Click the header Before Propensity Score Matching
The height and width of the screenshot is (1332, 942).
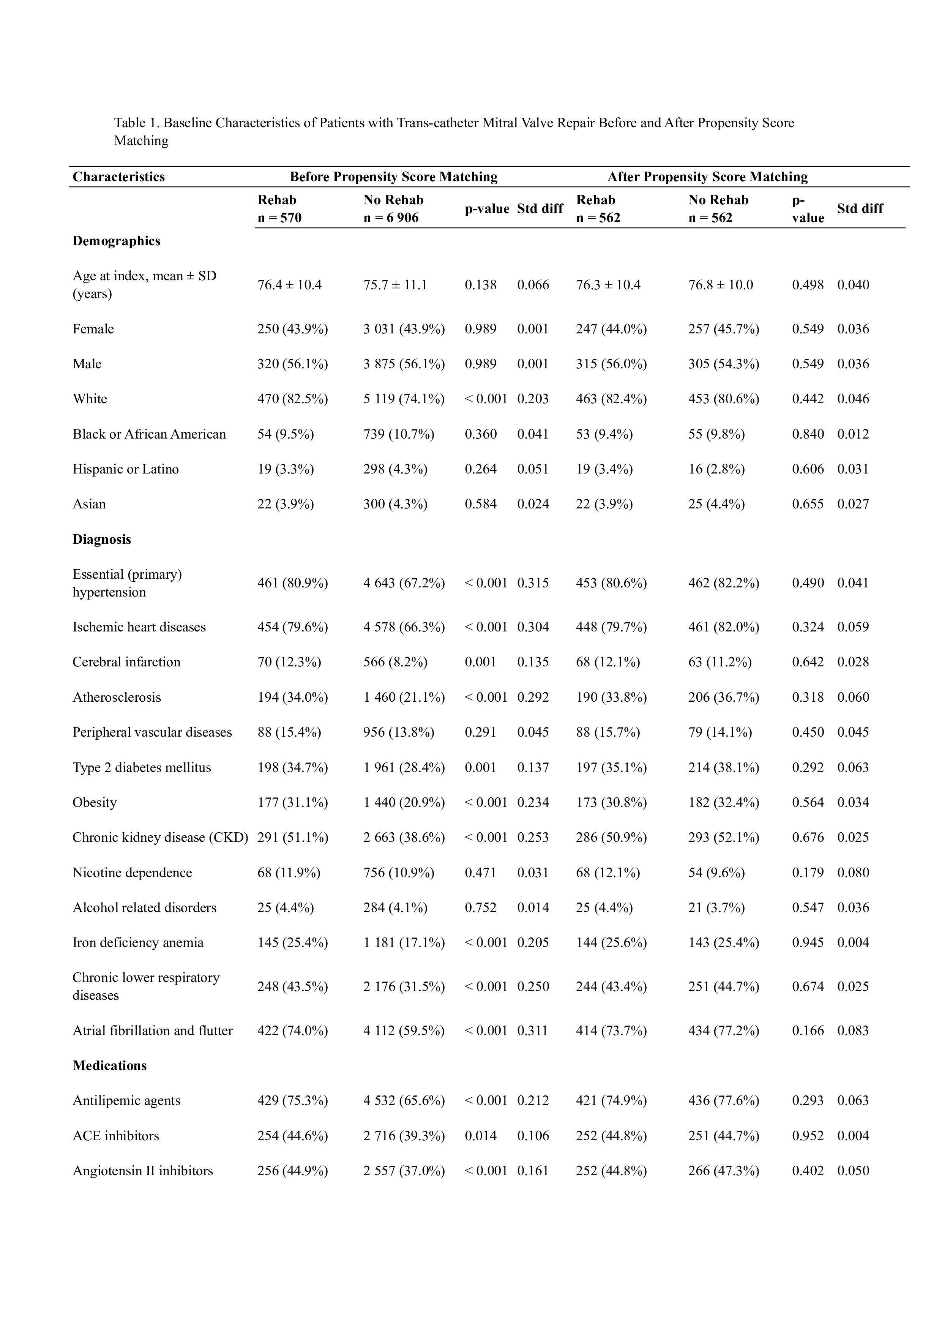393,176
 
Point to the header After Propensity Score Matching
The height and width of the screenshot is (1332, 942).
707,176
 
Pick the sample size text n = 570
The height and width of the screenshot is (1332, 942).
279,218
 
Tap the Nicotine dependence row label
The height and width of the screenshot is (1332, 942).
132,873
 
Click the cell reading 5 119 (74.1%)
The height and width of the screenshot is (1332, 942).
404,399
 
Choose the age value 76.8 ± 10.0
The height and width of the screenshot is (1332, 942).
720,284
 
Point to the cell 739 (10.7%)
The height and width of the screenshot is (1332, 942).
399,434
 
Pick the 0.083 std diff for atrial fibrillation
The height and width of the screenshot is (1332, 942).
853,1031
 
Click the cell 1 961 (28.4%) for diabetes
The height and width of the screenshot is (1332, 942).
404,767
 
